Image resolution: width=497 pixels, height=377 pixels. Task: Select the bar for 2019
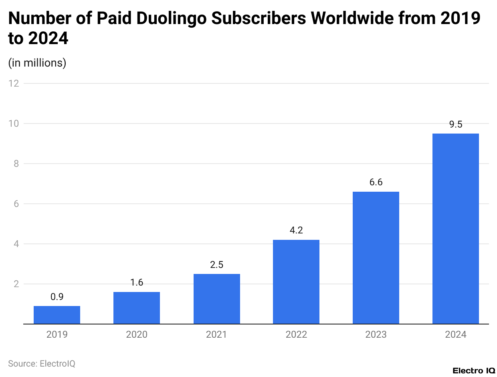pyautogui.click(x=57, y=315)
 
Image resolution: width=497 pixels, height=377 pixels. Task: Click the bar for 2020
pyautogui.click(x=137, y=308)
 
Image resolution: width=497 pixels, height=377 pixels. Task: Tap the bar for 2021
pyautogui.click(x=216, y=299)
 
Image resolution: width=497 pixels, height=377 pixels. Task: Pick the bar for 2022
pyautogui.click(x=296, y=282)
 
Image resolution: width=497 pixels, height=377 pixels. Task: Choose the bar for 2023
pyautogui.click(x=376, y=258)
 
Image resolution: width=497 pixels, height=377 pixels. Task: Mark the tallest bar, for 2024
pyautogui.click(x=456, y=229)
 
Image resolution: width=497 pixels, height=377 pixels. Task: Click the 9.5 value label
pyautogui.click(x=456, y=124)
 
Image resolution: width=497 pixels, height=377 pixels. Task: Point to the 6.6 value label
pyautogui.click(x=376, y=182)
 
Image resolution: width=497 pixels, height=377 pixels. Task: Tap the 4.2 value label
pyautogui.click(x=296, y=231)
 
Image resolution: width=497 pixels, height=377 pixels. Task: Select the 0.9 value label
pyautogui.click(x=57, y=297)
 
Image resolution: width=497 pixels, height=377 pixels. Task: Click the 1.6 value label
pyautogui.click(x=137, y=283)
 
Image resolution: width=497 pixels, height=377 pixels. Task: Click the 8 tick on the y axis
pyautogui.click(x=16, y=164)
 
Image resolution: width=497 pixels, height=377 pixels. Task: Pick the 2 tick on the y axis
pyautogui.click(x=16, y=284)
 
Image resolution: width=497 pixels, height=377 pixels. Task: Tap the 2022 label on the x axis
pyautogui.click(x=296, y=334)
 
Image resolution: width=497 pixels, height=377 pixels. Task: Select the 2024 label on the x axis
pyautogui.click(x=456, y=334)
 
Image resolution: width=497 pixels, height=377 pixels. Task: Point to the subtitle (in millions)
pyautogui.click(x=37, y=63)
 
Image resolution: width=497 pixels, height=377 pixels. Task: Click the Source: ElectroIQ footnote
pyautogui.click(x=42, y=364)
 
